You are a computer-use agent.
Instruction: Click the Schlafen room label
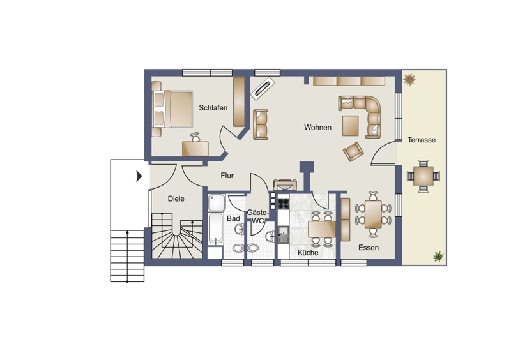213,108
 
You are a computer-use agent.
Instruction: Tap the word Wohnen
317,128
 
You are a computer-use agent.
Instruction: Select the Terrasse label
422,140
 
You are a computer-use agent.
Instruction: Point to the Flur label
227,176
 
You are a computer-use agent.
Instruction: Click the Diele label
176,199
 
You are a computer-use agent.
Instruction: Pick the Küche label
308,253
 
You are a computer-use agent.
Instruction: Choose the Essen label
369,248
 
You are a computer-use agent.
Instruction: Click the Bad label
233,218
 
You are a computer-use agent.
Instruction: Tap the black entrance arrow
139,176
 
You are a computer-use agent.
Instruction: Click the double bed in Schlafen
172,109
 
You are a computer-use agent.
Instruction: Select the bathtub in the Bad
216,229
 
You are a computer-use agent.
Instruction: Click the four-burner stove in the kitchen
283,204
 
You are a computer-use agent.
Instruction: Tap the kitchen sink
284,234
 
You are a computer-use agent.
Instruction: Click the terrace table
423,176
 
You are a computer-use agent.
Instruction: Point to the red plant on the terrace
409,79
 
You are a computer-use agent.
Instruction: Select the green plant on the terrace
438,257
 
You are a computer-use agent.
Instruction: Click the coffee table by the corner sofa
350,126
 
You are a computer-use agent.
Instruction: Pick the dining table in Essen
373,214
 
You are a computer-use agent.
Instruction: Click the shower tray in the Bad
217,202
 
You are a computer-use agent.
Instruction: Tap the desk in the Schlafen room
195,149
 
